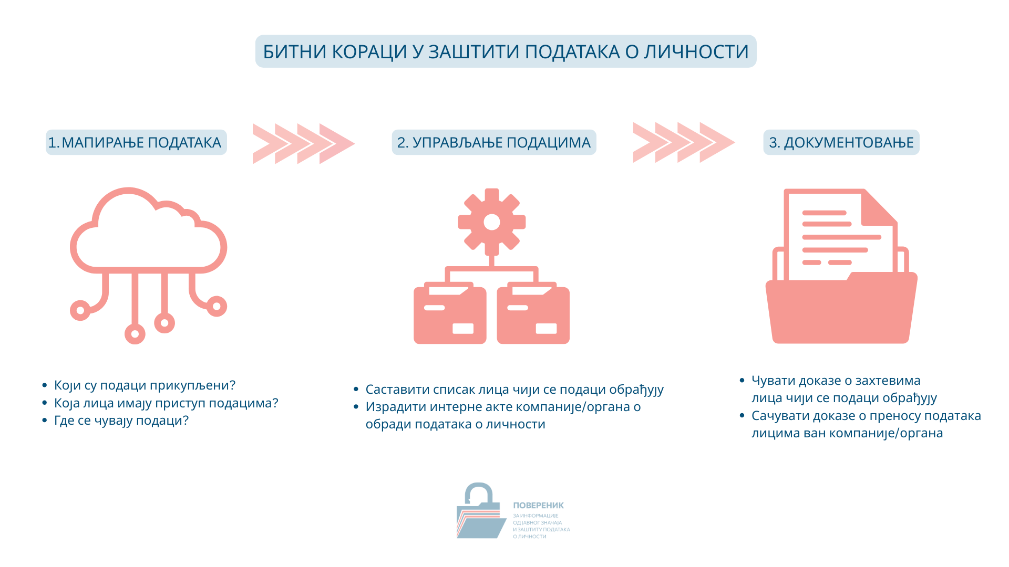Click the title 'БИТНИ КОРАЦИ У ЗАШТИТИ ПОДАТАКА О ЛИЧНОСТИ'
(506, 51)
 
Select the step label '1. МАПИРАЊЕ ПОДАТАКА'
(135, 142)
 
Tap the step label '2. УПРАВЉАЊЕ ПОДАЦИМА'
(494, 142)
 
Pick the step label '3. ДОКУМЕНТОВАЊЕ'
(841, 142)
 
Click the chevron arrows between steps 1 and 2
(304, 143)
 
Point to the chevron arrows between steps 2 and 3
(684, 142)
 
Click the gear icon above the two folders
(492, 222)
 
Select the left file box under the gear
(450, 313)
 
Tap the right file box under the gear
(533, 313)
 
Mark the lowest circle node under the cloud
(135, 333)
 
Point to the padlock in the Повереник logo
(479, 495)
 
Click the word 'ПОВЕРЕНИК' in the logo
(538, 506)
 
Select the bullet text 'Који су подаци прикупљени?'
(145, 385)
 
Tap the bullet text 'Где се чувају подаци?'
(121, 421)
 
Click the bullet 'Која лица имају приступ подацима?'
(166, 403)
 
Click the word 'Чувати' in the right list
(773, 381)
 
